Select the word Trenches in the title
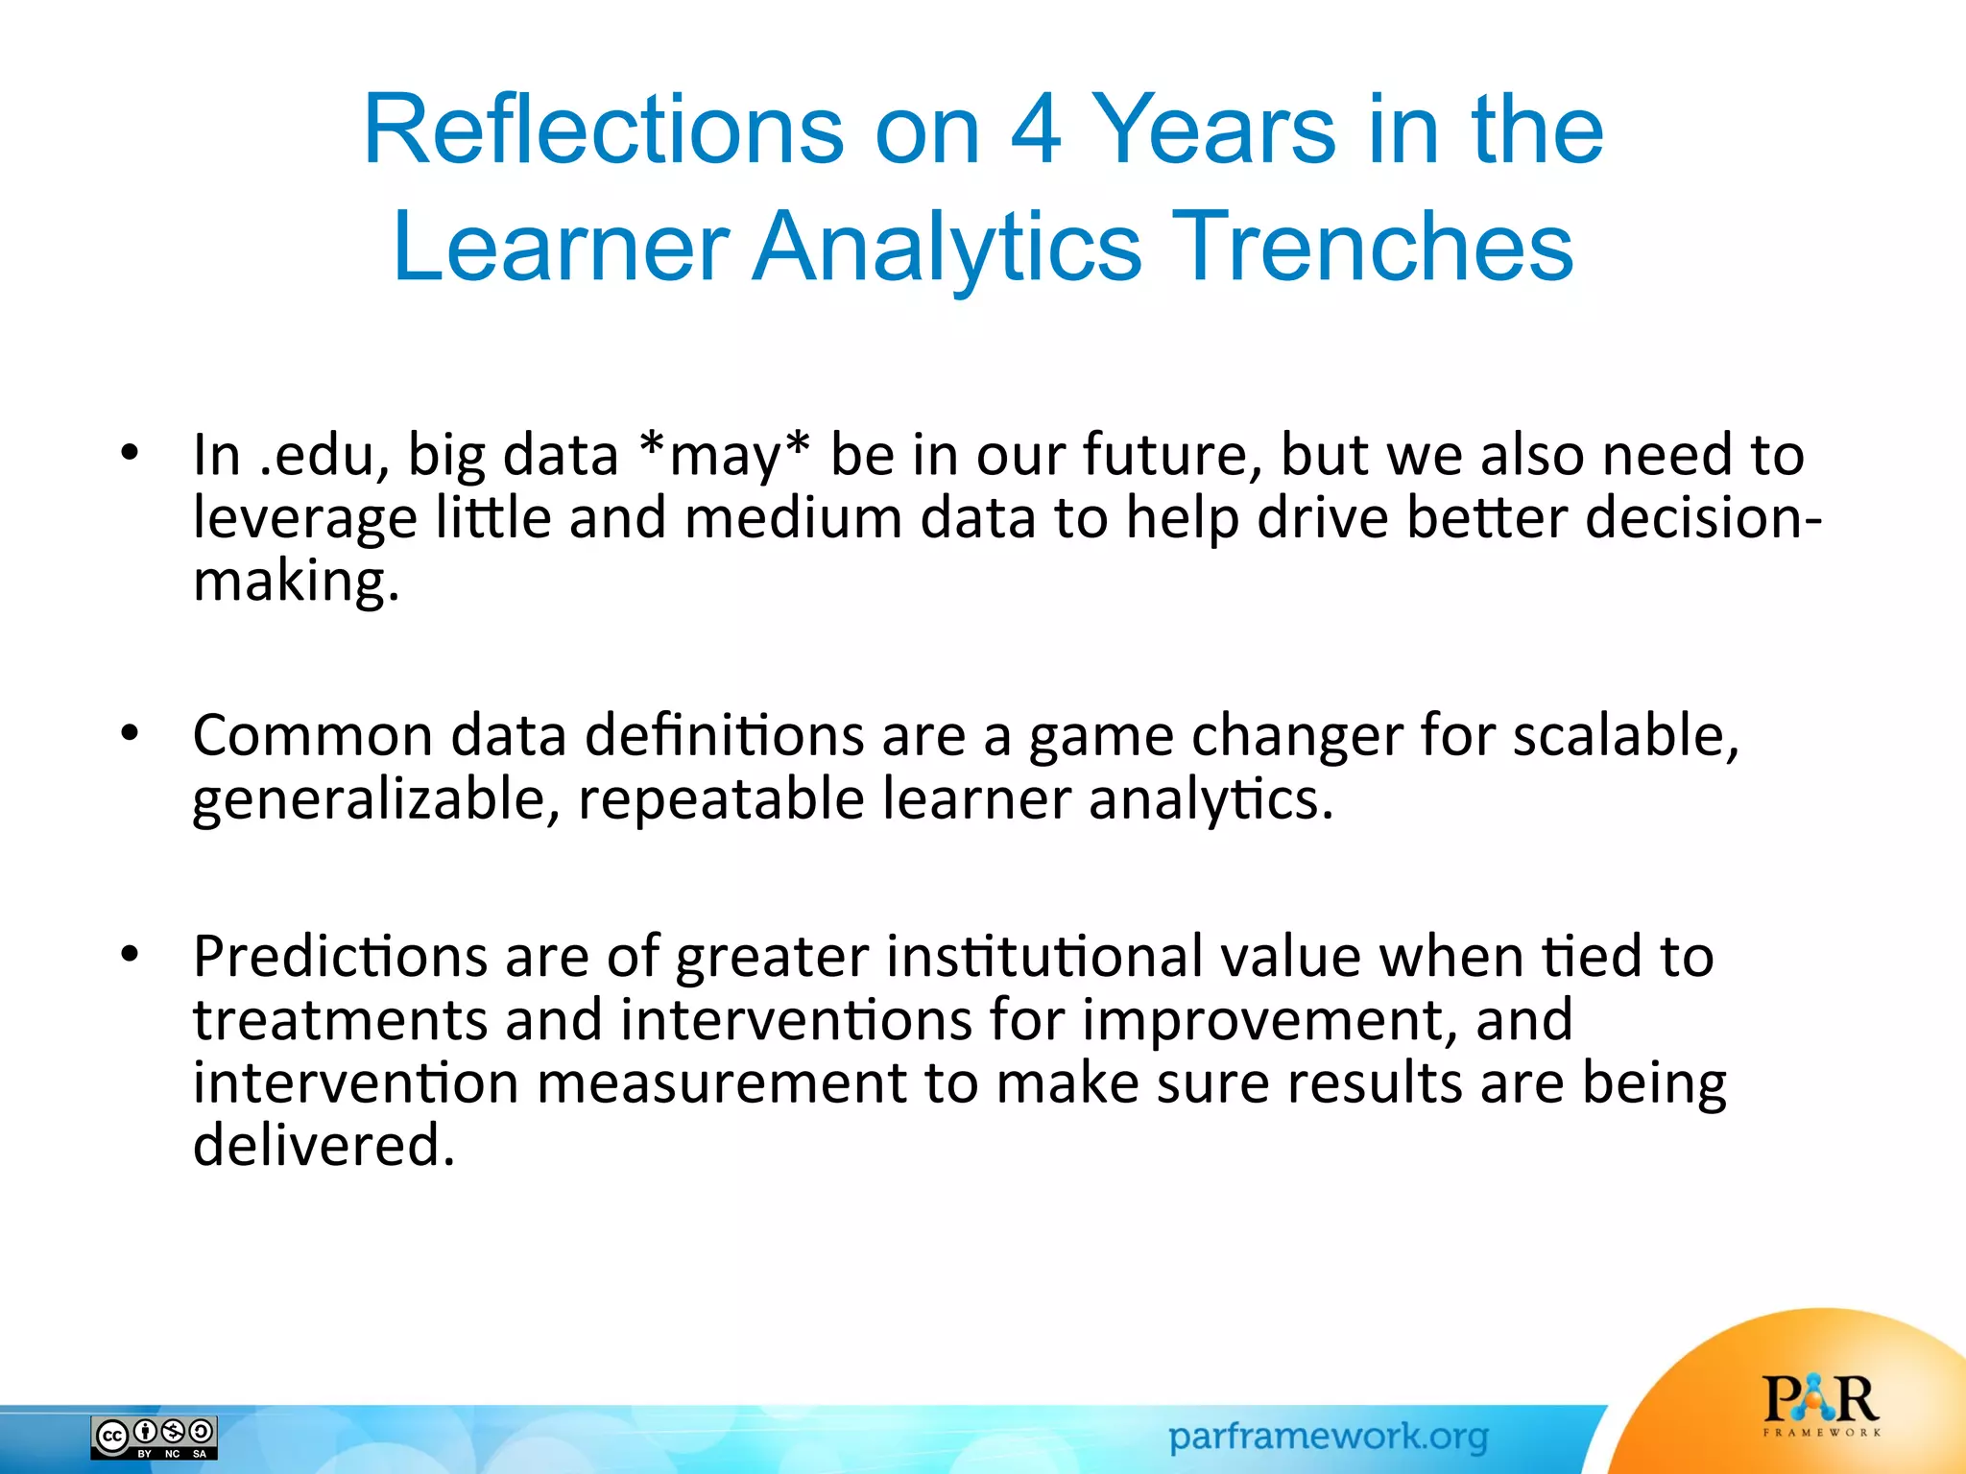[x=1372, y=248]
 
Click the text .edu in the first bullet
[x=317, y=456]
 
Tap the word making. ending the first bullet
[x=296, y=582]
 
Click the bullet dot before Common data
[x=131, y=734]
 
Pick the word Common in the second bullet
[x=313, y=737]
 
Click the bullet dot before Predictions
[x=131, y=955]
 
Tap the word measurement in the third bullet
[x=720, y=1084]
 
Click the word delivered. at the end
[x=324, y=1146]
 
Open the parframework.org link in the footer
[x=1328, y=1437]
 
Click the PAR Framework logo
[x=1820, y=1405]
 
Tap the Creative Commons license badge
[x=155, y=1437]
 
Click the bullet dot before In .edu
[x=131, y=453]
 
